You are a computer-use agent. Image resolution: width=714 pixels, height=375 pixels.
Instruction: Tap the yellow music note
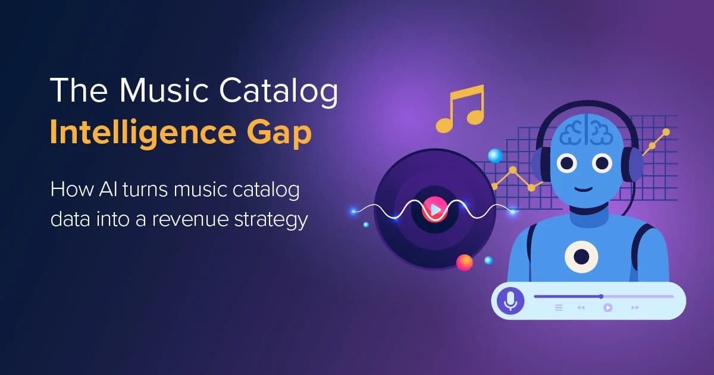click(x=459, y=108)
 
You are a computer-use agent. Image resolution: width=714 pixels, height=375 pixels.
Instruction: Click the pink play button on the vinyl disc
click(x=435, y=209)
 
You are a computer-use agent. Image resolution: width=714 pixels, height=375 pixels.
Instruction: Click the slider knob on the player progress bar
click(x=601, y=296)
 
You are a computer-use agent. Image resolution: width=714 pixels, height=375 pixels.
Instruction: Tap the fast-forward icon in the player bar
click(x=635, y=307)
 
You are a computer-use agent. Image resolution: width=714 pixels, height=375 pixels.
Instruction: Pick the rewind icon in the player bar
click(x=581, y=307)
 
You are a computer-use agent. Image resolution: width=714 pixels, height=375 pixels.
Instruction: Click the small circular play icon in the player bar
click(x=607, y=307)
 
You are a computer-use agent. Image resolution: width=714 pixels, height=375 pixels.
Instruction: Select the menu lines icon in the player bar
click(x=559, y=307)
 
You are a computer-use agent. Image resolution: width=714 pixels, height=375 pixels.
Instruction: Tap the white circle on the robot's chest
click(x=581, y=257)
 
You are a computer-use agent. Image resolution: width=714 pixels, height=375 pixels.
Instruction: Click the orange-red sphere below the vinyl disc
click(x=464, y=262)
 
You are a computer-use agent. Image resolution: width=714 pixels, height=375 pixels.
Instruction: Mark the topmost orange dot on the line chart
click(x=666, y=132)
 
